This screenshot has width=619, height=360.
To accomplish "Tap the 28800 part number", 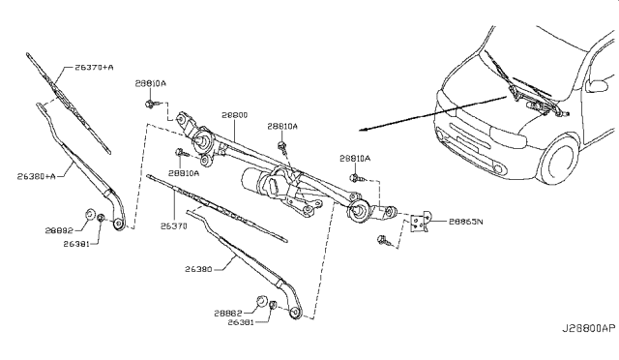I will coord(234,114).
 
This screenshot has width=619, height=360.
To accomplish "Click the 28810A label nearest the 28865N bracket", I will coord(355,157).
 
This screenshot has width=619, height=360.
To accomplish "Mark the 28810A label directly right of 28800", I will coord(282,126).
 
